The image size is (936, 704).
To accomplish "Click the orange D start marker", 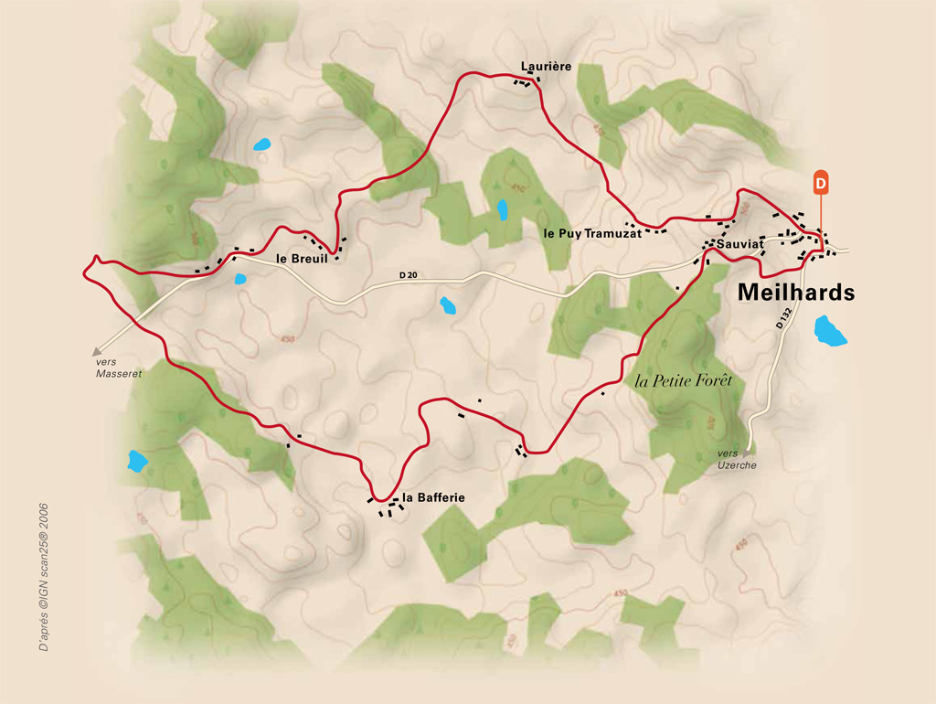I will [820, 182].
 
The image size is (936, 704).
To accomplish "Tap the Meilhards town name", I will [795, 293].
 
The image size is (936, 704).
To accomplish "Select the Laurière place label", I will [546, 66].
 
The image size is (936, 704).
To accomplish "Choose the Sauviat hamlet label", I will [739, 245].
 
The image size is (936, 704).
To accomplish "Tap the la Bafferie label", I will [434, 497].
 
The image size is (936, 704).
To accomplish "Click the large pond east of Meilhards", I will [831, 330].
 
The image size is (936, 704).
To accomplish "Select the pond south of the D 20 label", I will [448, 305].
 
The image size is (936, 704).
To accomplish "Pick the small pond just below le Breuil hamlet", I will [240, 279].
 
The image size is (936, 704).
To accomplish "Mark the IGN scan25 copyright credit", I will [43, 575].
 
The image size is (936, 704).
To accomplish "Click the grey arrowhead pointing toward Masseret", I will [96, 350].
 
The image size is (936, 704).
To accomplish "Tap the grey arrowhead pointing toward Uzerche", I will [747, 452].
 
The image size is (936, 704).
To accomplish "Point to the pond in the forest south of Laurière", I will [502, 210].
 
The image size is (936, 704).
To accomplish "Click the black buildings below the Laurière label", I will [526, 83].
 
